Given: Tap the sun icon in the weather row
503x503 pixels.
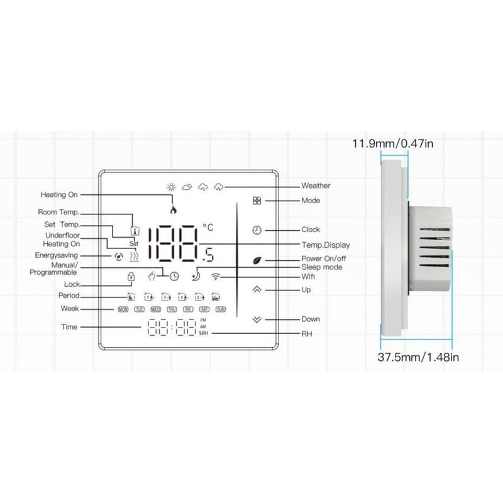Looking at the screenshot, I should point(169,187).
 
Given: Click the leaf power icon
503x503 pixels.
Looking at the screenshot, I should point(256,259).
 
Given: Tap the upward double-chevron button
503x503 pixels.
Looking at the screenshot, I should point(256,290).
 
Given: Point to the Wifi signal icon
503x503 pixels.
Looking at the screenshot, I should point(216,275).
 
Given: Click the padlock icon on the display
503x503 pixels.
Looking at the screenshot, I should point(131,277).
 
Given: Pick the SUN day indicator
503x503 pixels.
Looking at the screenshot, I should point(220,309).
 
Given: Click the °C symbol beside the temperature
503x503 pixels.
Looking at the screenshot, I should point(208,226).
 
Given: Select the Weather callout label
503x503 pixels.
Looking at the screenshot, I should point(316,186).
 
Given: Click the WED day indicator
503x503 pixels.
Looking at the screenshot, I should point(155,309).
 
